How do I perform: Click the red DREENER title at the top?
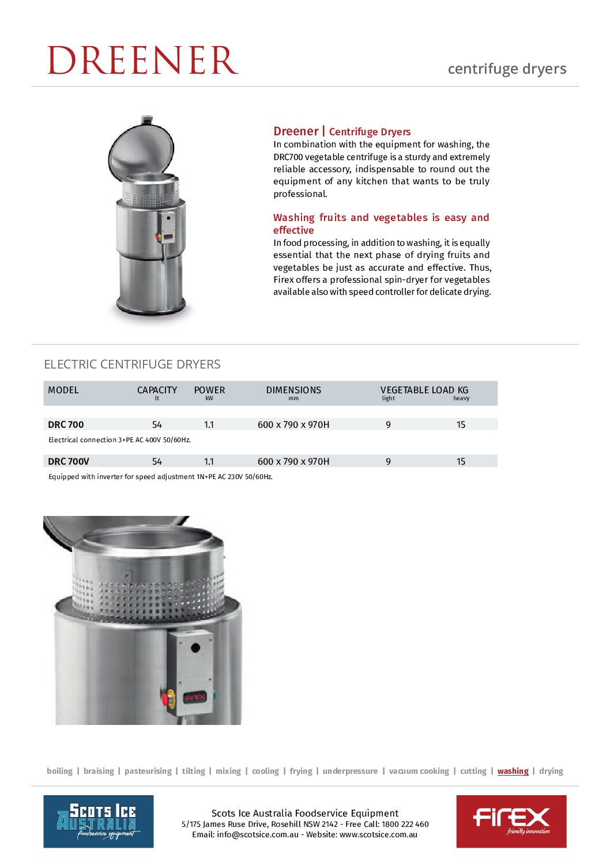(142, 60)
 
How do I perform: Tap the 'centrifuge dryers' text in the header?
(507, 69)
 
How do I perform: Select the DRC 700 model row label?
(66, 424)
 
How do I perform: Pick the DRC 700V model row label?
(69, 461)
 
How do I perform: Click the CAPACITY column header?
(157, 390)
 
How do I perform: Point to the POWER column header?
(209, 390)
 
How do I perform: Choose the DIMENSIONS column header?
(293, 390)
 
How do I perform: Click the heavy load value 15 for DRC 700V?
(461, 461)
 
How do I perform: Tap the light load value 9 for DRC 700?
(388, 424)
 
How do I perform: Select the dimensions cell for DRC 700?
(293, 424)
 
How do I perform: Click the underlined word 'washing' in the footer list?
(513, 771)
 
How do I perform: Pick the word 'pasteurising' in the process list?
(148, 771)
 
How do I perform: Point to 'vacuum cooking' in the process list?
(419, 771)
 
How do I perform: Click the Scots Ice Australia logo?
(99, 821)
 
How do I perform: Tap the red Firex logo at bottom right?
(511, 821)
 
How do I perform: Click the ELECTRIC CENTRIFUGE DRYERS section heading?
(132, 364)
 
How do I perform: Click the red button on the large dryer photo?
(165, 700)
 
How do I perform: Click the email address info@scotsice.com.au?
(258, 834)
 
